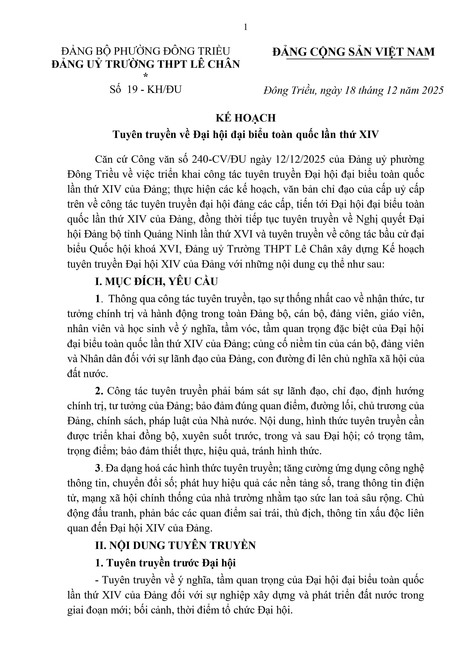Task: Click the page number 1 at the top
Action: pyautogui.click(x=246, y=27)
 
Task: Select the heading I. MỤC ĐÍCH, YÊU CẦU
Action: pyautogui.click(x=156, y=281)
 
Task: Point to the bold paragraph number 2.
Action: pyautogui.click(x=99, y=391)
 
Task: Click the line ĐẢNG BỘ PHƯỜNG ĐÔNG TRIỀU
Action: pyautogui.click(x=145, y=51)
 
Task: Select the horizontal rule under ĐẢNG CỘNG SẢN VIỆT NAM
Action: pyautogui.click(x=357, y=59)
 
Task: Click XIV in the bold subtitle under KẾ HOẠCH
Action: pyautogui.click(x=368, y=135)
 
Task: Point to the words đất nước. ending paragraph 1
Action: pyautogui.click(x=87, y=374)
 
